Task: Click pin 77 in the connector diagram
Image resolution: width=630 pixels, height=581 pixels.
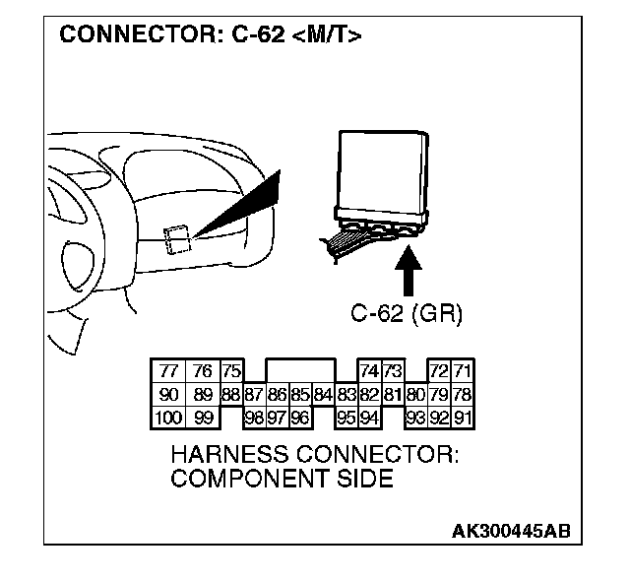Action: pyautogui.click(x=167, y=372)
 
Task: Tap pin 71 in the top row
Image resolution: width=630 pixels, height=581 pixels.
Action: pyautogui.click(x=462, y=372)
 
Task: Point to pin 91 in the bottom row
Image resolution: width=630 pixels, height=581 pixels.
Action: pyautogui.click(x=462, y=418)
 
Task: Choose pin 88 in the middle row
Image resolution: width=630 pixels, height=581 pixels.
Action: pyautogui.click(x=230, y=395)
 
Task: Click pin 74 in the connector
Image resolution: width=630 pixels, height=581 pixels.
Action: pyautogui.click(x=369, y=372)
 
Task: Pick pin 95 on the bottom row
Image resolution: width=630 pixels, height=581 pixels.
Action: pyautogui.click(x=346, y=418)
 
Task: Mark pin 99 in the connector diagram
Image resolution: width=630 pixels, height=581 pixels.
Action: pyautogui.click(x=202, y=418)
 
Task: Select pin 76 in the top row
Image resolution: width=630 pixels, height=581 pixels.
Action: pyautogui.click(x=202, y=372)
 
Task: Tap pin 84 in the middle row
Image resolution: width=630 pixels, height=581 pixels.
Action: pyautogui.click(x=323, y=395)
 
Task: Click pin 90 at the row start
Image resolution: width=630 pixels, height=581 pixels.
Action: pyautogui.click(x=167, y=395)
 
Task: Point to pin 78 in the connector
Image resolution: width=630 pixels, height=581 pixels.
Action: pyautogui.click(x=462, y=395)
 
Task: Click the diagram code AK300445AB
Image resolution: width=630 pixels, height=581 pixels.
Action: pyautogui.click(x=510, y=532)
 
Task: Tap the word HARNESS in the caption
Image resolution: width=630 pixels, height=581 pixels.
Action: pyautogui.click(x=223, y=458)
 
